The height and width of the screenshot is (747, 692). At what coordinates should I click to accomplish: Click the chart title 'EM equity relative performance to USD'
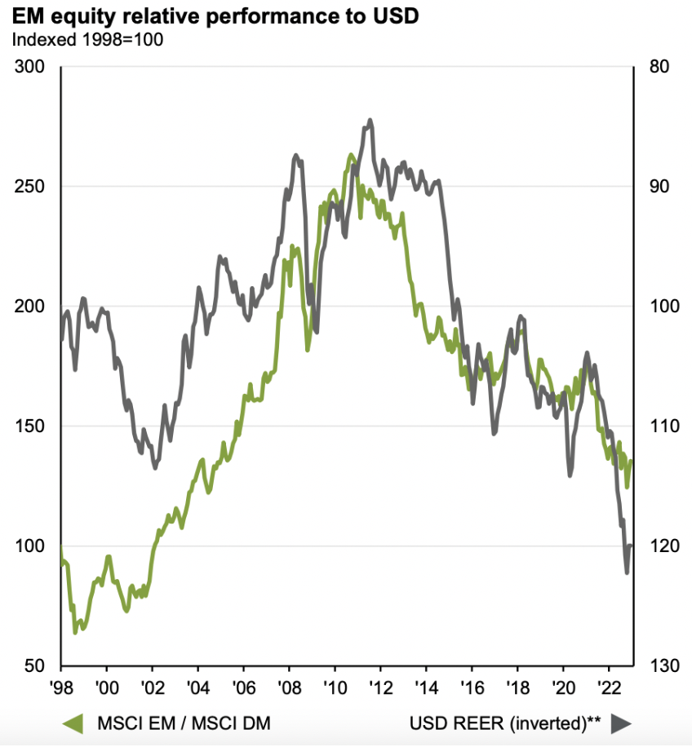pos(216,16)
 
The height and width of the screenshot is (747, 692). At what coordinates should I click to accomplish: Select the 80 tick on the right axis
pos(658,67)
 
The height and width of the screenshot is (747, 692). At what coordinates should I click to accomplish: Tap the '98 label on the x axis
pos(61,687)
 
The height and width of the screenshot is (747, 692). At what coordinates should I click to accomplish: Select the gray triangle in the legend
pos(620,723)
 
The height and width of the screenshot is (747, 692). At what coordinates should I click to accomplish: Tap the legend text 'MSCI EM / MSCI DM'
pos(184,723)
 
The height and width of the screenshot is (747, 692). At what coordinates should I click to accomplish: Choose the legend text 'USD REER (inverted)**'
pos(505,723)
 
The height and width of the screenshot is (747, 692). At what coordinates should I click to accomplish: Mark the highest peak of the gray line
pos(370,120)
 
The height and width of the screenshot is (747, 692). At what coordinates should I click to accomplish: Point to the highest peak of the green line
pos(351,154)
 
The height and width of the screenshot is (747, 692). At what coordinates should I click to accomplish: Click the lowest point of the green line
pos(75,632)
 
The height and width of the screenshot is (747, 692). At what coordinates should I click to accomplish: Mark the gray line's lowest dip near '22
pos(627,572)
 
